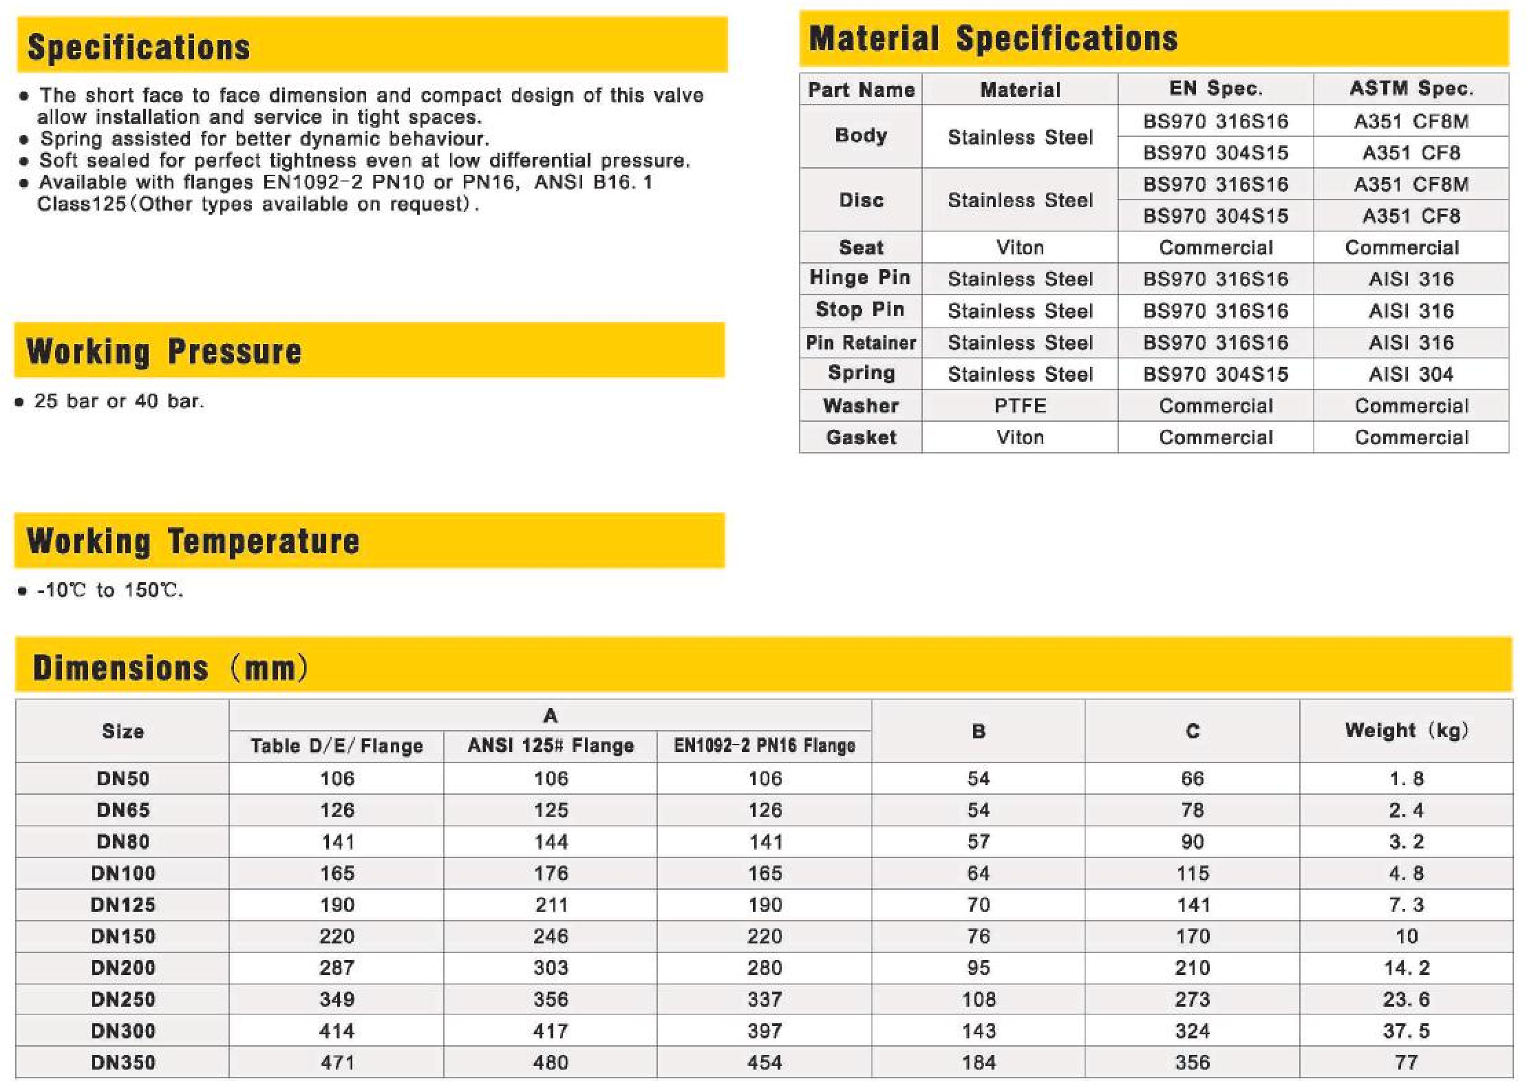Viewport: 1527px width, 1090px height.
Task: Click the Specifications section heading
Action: (x=138, y=47)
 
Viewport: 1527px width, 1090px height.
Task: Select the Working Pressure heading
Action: (x=164, y=352)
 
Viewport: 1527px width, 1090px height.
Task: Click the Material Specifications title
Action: (x=993, y=39)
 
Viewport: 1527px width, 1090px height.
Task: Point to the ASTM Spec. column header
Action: (x=1411, y=89)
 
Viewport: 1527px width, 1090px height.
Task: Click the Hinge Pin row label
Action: (x=860, y=278)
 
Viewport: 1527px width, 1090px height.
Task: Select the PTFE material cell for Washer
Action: (x=1020, y=406)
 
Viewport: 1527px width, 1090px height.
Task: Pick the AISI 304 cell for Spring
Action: (x=1411, y=374)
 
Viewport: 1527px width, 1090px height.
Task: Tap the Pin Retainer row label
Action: (x=860, y=343)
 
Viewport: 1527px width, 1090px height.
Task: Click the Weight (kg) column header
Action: (x=1407, y=731)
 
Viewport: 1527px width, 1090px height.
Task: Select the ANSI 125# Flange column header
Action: (x=551, y=746)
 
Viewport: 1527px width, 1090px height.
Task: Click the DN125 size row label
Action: (x=123, y=905)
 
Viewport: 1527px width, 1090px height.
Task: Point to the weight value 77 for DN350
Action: (x=1407, y=1062)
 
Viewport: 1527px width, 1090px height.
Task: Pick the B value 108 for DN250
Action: (x=979, y=999)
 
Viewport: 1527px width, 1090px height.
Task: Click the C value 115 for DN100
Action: (x=1193, y=873)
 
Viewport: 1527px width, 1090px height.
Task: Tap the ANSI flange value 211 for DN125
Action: (x=551, y=905)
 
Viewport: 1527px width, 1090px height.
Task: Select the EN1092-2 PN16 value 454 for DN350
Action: (x=765, y=1062)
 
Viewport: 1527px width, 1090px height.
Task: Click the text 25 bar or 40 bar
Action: (x=119, y=401)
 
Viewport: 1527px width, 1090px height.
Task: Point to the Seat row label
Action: (x=860, y=247)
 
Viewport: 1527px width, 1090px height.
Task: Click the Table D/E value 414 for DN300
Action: (x=337, y=1031)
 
